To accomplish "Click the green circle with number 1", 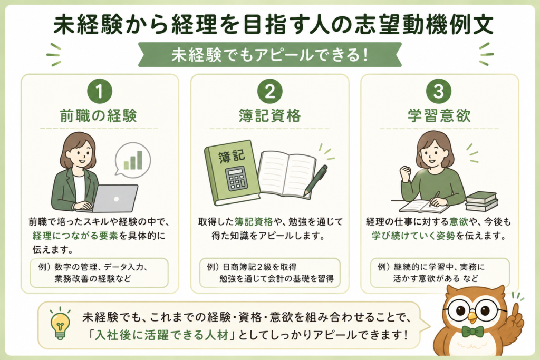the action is pos(100,91).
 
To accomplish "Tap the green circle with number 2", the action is pos(269,91).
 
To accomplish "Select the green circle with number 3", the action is pos(439,91).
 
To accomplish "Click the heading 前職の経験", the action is pos(99,115).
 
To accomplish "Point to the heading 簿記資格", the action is pos(269,115).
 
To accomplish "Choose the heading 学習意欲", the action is pos(439,115).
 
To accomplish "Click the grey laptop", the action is pos(114,199).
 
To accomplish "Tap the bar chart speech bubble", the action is pos(132,160).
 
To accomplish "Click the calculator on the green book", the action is pos(236,178).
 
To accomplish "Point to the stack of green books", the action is pos(481,201).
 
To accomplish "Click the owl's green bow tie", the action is pos(472,332).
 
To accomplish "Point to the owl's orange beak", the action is pos(472,317).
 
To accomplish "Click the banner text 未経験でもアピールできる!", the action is pos(269,55).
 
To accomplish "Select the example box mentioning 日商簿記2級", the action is pos(269,273).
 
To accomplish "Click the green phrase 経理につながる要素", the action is pos(75,236).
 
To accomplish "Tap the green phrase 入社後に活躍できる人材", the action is pos(162,335).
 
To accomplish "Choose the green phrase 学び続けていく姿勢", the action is pos(413,236).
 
